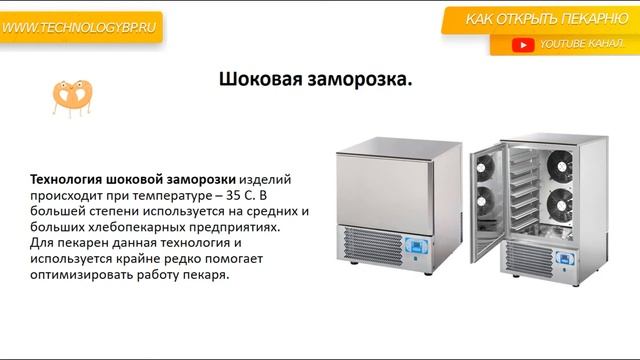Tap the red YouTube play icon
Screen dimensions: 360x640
click(x=522, y=45)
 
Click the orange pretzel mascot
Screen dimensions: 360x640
click(x=71, y=95)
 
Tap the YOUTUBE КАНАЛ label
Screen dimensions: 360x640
click(x=581, y=45)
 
